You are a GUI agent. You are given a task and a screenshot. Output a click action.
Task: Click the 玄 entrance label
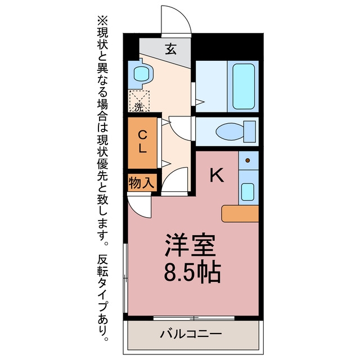[x=171, y=49]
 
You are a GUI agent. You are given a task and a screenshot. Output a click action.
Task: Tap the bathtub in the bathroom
[x=244, y=86]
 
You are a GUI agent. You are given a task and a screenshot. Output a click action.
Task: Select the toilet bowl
[x=229, y=132]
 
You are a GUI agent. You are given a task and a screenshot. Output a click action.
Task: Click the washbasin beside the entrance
[x=141, y=74]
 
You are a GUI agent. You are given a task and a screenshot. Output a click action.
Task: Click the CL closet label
[x=142, y=141]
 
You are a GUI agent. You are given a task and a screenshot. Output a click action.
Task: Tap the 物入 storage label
[x=141, y=183]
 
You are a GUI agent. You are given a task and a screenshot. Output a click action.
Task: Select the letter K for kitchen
[x=217, y=175]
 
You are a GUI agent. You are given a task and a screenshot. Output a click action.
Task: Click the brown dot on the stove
[x=247, y=160]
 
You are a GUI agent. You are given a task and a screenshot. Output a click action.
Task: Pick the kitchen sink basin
[x=247, y=192]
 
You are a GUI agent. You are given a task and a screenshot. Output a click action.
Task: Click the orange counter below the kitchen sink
[x=240, y=214]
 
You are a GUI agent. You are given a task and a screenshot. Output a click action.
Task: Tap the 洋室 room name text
[x=190, y=245]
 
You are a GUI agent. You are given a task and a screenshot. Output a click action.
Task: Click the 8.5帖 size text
[x=192, y=272]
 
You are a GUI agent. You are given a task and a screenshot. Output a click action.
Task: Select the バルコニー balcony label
[x=191, y=334]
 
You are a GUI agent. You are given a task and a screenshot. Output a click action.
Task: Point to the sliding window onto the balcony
[x=193, y=318]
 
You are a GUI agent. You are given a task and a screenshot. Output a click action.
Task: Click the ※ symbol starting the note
[x=102, y=21]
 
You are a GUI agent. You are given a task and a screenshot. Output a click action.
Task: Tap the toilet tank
[x=250, y=132]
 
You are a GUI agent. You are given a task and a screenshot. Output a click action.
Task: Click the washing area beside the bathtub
[x=211, y=86]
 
